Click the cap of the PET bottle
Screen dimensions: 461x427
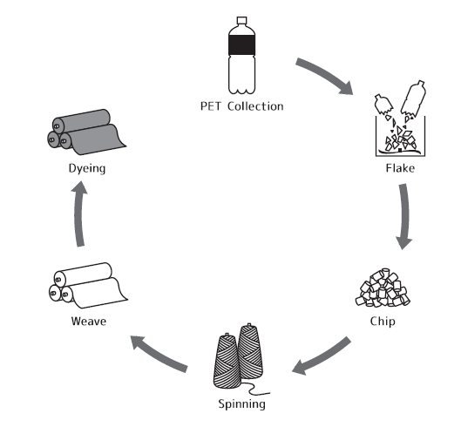[x=241, y=20]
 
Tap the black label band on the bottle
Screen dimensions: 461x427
[x=241, y=45]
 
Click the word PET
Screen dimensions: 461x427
[x=211, y=106]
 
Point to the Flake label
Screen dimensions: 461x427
[x=400, y=168]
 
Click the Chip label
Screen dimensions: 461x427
[x=383, y=322]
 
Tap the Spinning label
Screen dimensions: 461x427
[x=241, y=404]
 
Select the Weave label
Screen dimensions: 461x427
[x=89, y=322]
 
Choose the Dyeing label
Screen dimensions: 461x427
[x=87, y=168]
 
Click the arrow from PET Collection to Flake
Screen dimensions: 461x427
[x=325, y=73]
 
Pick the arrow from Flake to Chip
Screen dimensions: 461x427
[x=404, y=216]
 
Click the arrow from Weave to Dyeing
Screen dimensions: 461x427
[x=79, y=214]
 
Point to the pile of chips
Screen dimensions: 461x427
[x=383, y=288]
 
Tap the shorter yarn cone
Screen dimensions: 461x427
[x=227, y=361]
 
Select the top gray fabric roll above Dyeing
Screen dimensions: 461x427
[x=81, y=121]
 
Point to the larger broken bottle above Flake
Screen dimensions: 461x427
[x=413, y=98]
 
